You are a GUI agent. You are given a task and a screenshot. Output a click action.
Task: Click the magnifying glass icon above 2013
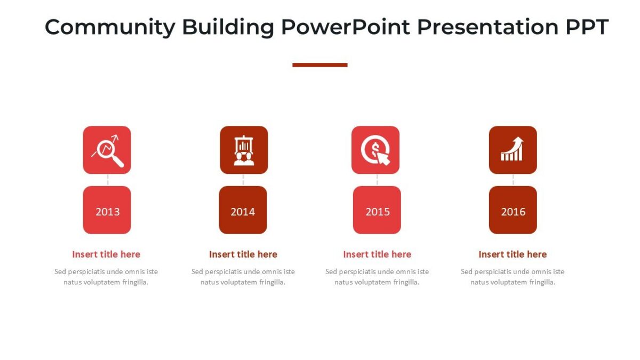pyautogui.click(x=107, y=150)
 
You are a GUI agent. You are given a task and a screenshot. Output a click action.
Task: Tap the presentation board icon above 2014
pyautogui.click(x=244, y=150)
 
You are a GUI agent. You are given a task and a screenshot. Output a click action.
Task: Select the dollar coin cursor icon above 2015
pyautogui.click(x=375, y=150)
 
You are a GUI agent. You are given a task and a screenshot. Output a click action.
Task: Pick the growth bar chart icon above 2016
pyautogui.click(x=513, y=150)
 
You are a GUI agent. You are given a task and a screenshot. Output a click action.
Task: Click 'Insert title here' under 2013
pyautogui.click(x=106, y=254)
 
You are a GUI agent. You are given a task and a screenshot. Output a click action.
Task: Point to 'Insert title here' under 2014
pyautogui.click(x=243, y=254)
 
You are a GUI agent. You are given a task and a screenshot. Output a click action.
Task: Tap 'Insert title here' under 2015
pyautogui.click(x=377, y=254)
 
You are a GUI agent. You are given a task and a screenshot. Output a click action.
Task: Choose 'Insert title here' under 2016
pyautogui.click(x=513, y=254)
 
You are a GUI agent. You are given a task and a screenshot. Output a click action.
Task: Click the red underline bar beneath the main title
pyautogui.click(x=320, y=65)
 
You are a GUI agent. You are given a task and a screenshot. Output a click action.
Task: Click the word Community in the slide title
pyautogui.click(x=109, y=27)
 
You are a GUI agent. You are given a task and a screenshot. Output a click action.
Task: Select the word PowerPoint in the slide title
pyautogui.click(x=346, y=27)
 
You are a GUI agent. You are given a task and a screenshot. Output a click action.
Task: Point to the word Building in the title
pyautogui.click(x=228, y=27)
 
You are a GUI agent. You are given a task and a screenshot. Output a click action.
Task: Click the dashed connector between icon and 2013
pyautogui.click(x=107, y=180)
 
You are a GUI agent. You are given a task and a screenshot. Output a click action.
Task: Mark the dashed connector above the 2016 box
pyautogui.click(x=513, y=180)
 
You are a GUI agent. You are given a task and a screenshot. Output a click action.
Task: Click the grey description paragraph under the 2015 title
pyautogui.click(x=377, y=277)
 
